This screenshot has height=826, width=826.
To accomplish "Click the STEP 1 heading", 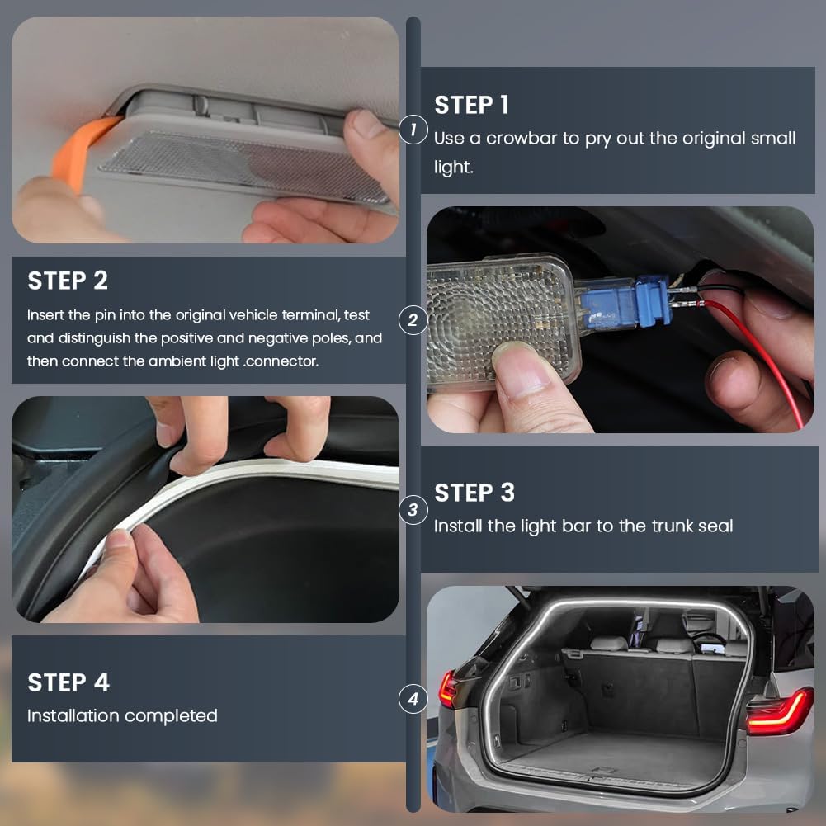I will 471,105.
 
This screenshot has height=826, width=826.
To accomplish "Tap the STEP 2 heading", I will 68,281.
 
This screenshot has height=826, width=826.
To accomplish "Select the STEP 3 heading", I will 474,493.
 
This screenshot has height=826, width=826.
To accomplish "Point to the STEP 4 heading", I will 68,682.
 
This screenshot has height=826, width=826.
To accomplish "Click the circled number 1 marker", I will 413,129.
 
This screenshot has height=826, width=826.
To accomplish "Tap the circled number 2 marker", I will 413,319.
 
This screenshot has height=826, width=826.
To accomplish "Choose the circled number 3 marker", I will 413,510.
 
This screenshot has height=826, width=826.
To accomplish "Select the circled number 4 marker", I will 413,701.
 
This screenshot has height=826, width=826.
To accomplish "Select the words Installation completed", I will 122,715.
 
